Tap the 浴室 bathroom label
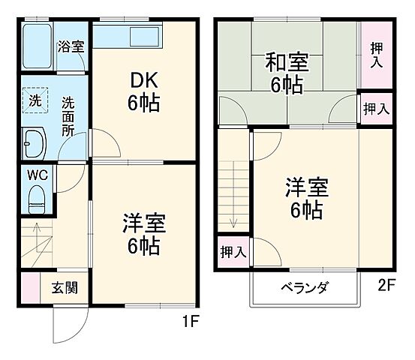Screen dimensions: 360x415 tap(71, 46)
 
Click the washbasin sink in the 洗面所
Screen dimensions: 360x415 tap(35, 140)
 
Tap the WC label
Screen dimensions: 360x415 tap(38, 175)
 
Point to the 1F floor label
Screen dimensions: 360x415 tap(191, 323)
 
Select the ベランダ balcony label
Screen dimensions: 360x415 tap(305, 287)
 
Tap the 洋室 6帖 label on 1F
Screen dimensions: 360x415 tap(143, 234)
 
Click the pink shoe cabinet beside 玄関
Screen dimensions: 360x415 tap(30, 287)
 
